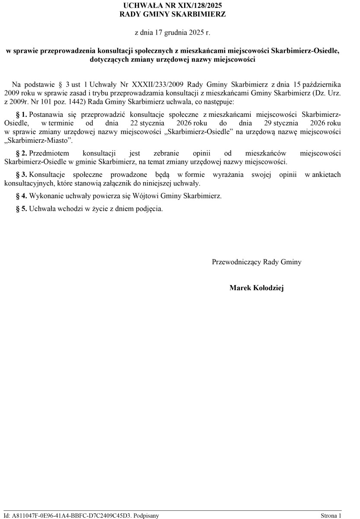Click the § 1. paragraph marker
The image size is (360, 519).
coord(22,114)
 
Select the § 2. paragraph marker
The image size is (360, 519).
coord(22,153)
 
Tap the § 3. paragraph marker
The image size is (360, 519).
coord(22,175)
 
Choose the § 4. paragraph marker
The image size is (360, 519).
coord(22,196)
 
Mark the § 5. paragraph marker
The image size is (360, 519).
coord(22,209)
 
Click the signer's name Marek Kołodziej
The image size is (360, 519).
coord(257,288)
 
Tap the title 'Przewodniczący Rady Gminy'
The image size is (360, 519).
coord(257,262)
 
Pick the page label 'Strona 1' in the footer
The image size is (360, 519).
coord(331,515)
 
